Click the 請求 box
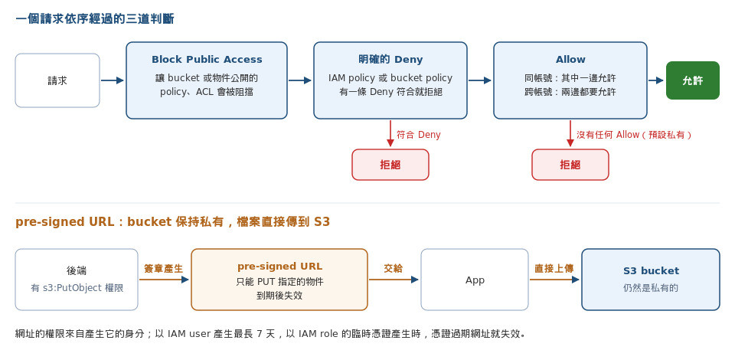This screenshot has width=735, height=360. [57, 80]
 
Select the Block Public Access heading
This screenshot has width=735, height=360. [207, 60]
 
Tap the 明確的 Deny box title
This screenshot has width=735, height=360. [390, 60]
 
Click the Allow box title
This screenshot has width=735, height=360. [570, 60]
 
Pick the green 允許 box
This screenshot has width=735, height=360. [692, 80]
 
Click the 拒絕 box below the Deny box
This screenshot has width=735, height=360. [390, 165]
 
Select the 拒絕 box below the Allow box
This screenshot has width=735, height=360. [570, 165]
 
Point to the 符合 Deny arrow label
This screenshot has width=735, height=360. [419, 135]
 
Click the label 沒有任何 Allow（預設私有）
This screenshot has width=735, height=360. [634, 135]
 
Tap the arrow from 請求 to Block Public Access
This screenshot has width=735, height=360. [112, 80]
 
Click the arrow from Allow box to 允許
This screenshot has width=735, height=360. [656, 80]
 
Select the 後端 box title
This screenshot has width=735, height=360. [77, 270]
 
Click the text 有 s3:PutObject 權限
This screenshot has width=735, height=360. [77, 288]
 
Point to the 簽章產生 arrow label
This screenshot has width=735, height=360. [164, 269]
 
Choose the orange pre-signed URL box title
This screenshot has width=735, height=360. [279, 267]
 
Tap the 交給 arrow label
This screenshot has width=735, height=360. [394, 269]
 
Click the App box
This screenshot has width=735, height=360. [475, 280]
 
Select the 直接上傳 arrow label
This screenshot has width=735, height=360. [554, 269]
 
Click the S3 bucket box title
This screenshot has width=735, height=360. [651, 270]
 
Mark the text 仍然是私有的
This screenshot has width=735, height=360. [651, 288]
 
